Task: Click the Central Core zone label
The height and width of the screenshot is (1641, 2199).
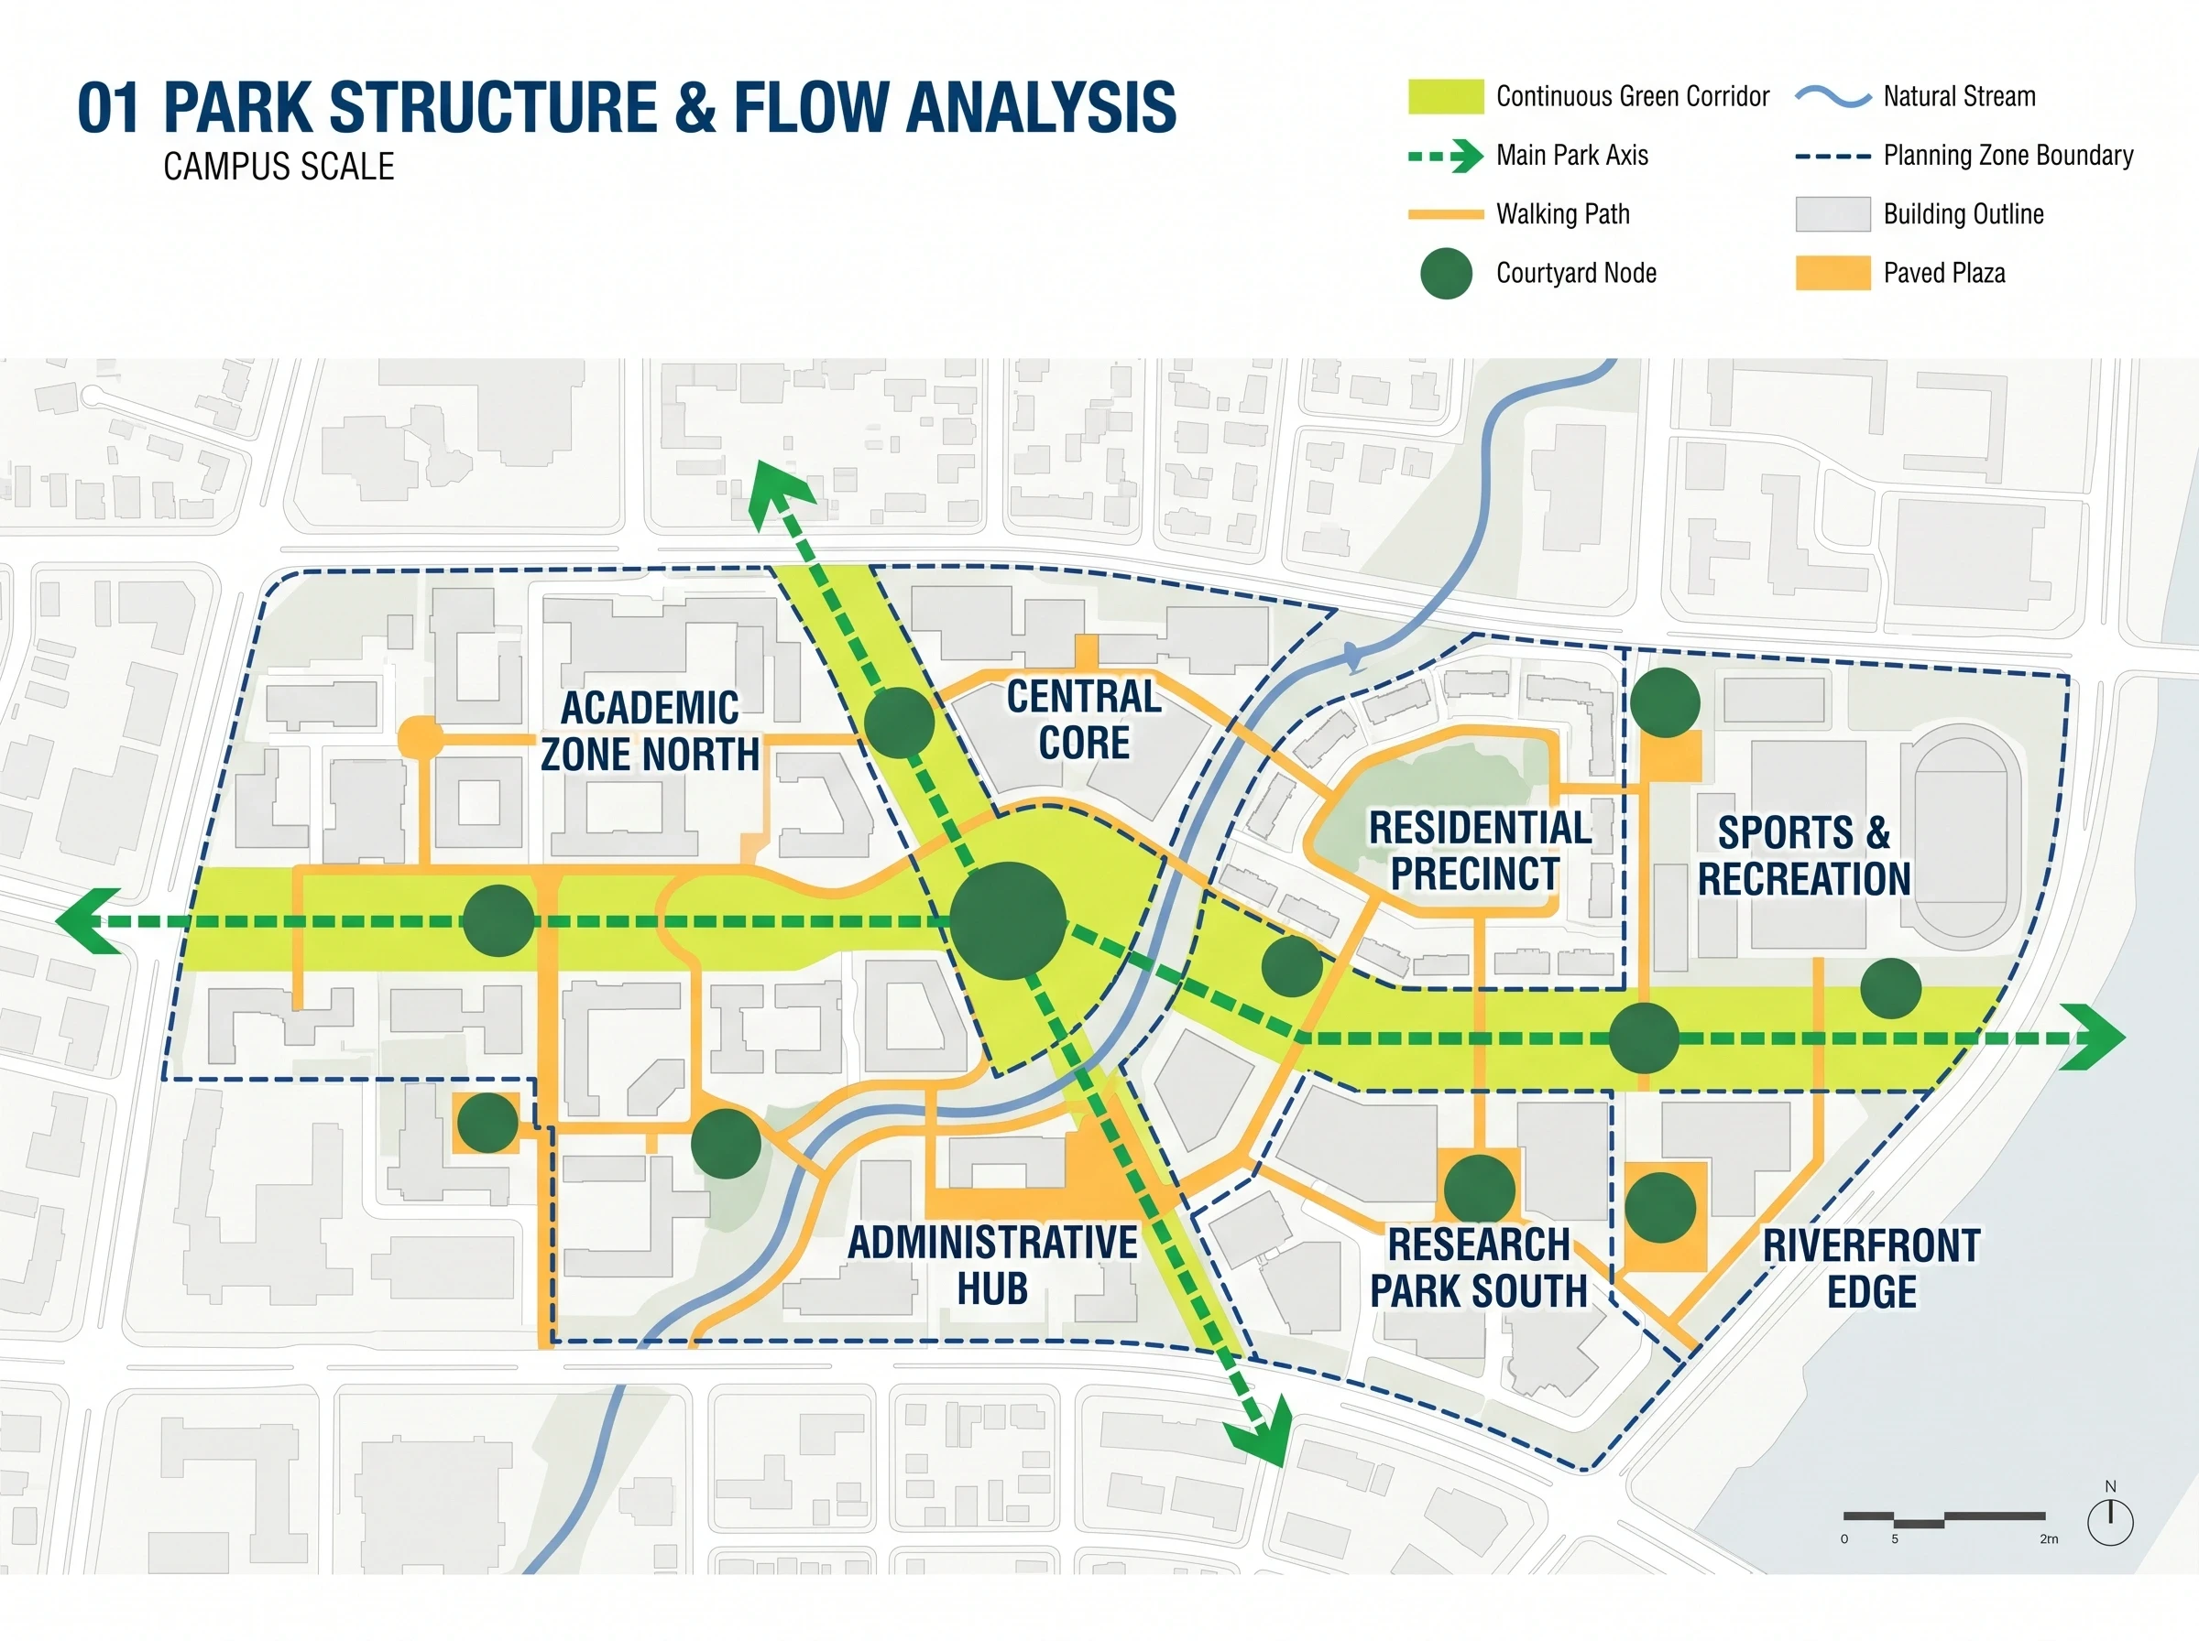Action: click(1084, 720)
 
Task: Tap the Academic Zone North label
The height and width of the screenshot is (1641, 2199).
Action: click(650, 731)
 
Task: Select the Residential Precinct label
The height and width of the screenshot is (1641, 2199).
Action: click(1480, 852)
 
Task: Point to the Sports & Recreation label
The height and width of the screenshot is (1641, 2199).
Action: click(1803, 855)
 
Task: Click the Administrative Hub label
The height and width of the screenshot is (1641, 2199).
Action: click(992, 1266)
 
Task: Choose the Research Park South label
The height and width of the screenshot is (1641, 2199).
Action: click(1479, 1267)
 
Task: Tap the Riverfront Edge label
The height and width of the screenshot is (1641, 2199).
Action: click(1872, 1268)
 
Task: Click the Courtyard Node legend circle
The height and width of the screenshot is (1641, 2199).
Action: click(1446, 273)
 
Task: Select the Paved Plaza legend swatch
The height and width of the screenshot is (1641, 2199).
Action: click(1832, 273)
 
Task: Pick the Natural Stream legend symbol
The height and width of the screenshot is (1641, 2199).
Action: click(1832, 97)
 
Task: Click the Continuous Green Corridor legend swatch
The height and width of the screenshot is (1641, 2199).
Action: click(1446, 96)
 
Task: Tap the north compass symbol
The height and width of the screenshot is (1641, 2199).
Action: click(2110, 1516)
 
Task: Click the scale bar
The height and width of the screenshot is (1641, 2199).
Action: click(1943, 1519)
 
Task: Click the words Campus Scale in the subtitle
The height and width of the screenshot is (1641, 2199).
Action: click(279, 166)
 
